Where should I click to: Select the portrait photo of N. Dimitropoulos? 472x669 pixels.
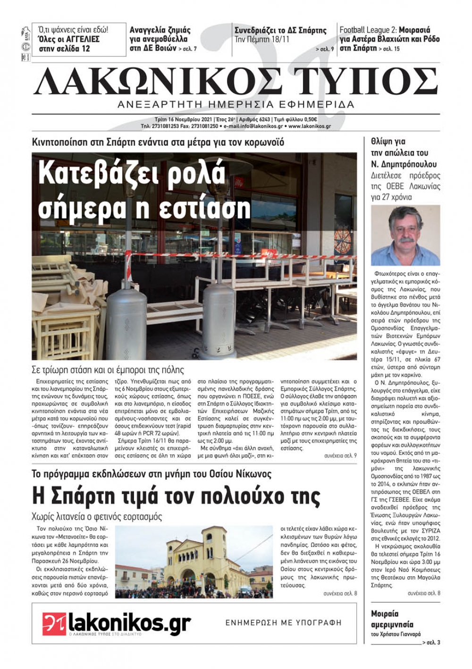coord(405,235)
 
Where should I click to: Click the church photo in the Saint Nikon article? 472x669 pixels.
coord(194,562)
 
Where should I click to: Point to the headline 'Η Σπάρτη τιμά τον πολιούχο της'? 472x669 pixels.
coord(176,496)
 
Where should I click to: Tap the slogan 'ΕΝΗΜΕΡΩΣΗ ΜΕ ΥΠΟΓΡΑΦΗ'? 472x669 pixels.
coord(283,623)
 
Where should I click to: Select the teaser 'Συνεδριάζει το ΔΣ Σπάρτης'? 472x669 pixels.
coord(280,31)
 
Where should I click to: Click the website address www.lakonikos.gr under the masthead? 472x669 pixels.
coord(309,126)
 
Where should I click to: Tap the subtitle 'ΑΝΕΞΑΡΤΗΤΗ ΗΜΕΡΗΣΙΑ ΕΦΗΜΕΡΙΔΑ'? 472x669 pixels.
coord(236,104)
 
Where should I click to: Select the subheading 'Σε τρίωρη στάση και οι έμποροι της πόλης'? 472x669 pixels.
coord(108,370)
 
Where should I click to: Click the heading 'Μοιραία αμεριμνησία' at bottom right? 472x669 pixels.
coord(392,619)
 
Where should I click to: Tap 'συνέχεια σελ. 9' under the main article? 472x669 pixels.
coord(340,455)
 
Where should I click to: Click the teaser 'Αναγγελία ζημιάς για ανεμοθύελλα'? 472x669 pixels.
coord(160,35)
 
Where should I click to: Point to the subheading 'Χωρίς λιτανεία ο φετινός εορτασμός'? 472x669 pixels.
coord(97,516)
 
